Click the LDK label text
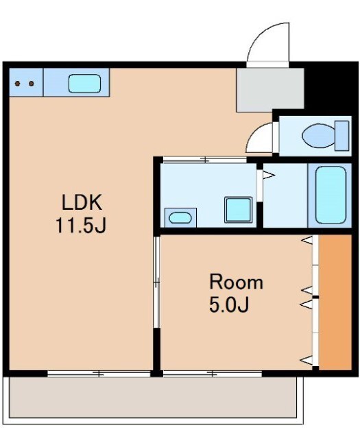click(82, 202)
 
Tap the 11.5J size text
click(81, 225)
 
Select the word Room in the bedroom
click(236, 282)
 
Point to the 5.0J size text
click(229, 304)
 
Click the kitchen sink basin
click(84, 84)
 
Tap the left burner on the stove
click(17, 84)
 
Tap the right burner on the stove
click(32, 84)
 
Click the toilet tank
click(341, 136)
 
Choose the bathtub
click(331, 195)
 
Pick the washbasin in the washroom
click(180, 217)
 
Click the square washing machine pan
click(239, 210)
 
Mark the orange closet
click(335, 302)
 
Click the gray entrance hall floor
click(270, 90)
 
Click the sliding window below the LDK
click(99, 374)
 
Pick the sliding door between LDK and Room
click(157, 282)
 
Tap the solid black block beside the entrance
click(331, 88)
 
